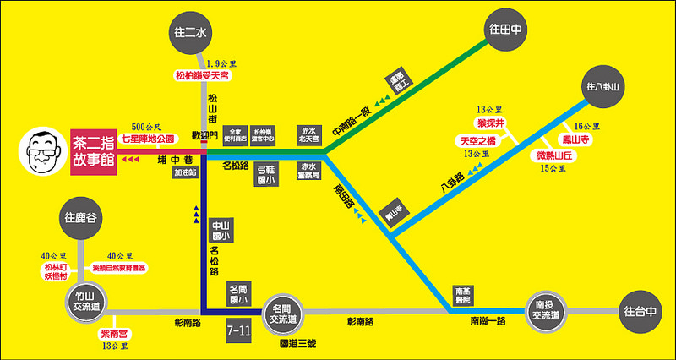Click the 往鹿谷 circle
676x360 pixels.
pyautogui.click(x=82, y=218)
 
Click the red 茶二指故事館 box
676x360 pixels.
pyautogui.click(x=94, y=151)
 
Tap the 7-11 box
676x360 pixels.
pyautogui.click(x=239, y=330)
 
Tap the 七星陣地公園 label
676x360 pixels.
pyautogui.click(x=148, y=138)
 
